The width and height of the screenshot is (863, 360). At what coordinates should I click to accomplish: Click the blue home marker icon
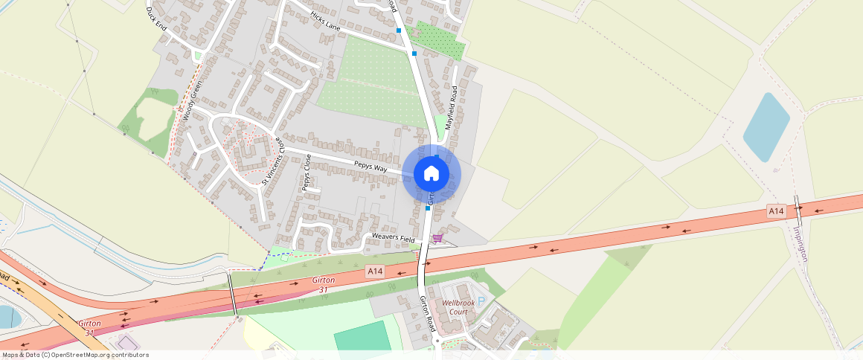[x=431, y=174]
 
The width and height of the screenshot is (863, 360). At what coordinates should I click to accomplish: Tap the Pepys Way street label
[x=370, y=166]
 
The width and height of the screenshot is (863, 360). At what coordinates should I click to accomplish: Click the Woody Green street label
[x=192, y=100]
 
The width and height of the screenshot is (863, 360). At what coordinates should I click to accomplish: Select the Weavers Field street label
[x=394, y=239]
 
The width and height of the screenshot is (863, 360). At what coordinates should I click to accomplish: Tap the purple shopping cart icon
[x=437, y=238]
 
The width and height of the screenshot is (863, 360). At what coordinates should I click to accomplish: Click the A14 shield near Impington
[x=776, y=212]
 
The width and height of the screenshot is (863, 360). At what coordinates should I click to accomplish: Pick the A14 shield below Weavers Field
[x=375, y=272]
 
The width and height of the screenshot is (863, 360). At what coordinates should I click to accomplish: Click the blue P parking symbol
[x=481, y=301]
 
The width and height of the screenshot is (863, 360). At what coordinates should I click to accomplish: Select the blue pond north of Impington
[x=766, y=127]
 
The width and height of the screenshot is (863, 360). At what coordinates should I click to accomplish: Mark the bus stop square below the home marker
[x=428, y=208]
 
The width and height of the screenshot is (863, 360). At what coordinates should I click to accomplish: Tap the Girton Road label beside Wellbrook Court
[x=427, y=313]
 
